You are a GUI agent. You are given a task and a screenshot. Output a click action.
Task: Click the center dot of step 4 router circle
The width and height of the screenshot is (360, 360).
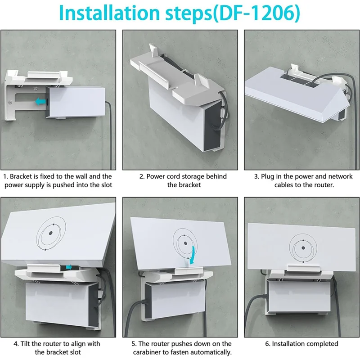[x=50, y=233]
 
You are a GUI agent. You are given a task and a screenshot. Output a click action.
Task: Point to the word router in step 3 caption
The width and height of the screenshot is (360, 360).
[x=322, y=185]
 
